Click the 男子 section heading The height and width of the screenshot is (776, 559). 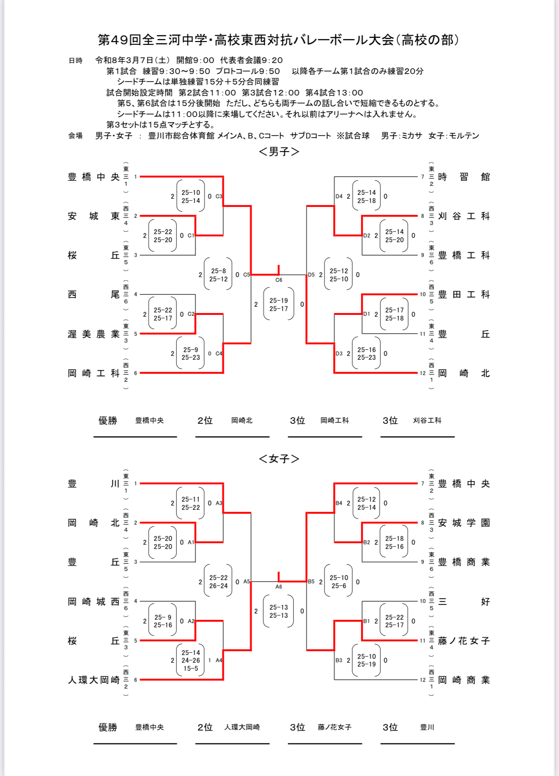pyautogui.click(x=279, y=151)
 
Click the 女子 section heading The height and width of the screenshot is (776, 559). pyautogui.click(x=279, y=459)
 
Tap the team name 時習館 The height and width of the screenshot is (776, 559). pyautogui.click(x=463, y=177)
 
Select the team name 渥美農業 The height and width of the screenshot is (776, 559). pyautogui.click(x=94, y=334)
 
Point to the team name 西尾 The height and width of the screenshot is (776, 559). pyautogui.click(x=94, y=294)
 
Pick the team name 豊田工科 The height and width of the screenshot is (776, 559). pyautogui.click(x=463, y=294)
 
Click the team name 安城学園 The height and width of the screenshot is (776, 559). pyautogui.click(x=463, y=523)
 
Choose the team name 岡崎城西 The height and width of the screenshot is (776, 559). pyautogui.click(x=94, y=602)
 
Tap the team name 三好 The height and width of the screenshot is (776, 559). pyautogui.click(x=463, y=602)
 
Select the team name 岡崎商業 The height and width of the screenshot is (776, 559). pyautogui.click(x=463, y=680)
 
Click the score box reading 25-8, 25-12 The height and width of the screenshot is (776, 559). pyautogui.click(x=218, y=275)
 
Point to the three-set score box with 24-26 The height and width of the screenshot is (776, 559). pyautogui.click(x=191, y=660)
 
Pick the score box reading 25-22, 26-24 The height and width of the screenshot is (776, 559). pyautogui.click(x=218, y=582)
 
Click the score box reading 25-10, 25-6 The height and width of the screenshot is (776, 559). pyautogui.click(x=339, y=582)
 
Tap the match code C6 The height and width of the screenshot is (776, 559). pyautogui.click(x=279, y=280)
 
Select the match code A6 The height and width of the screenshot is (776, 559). pyautogui.click(x=279, y=587)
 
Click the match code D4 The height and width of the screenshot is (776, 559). pyautogui.click(x=339, y=196)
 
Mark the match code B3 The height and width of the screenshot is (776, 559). pyautogui.click(x=339, y=660)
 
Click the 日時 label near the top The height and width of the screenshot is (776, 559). pyautogui.click(x=75, y=61)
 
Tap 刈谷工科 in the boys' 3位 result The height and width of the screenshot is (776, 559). pyautogui.click(x=427, y=420)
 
